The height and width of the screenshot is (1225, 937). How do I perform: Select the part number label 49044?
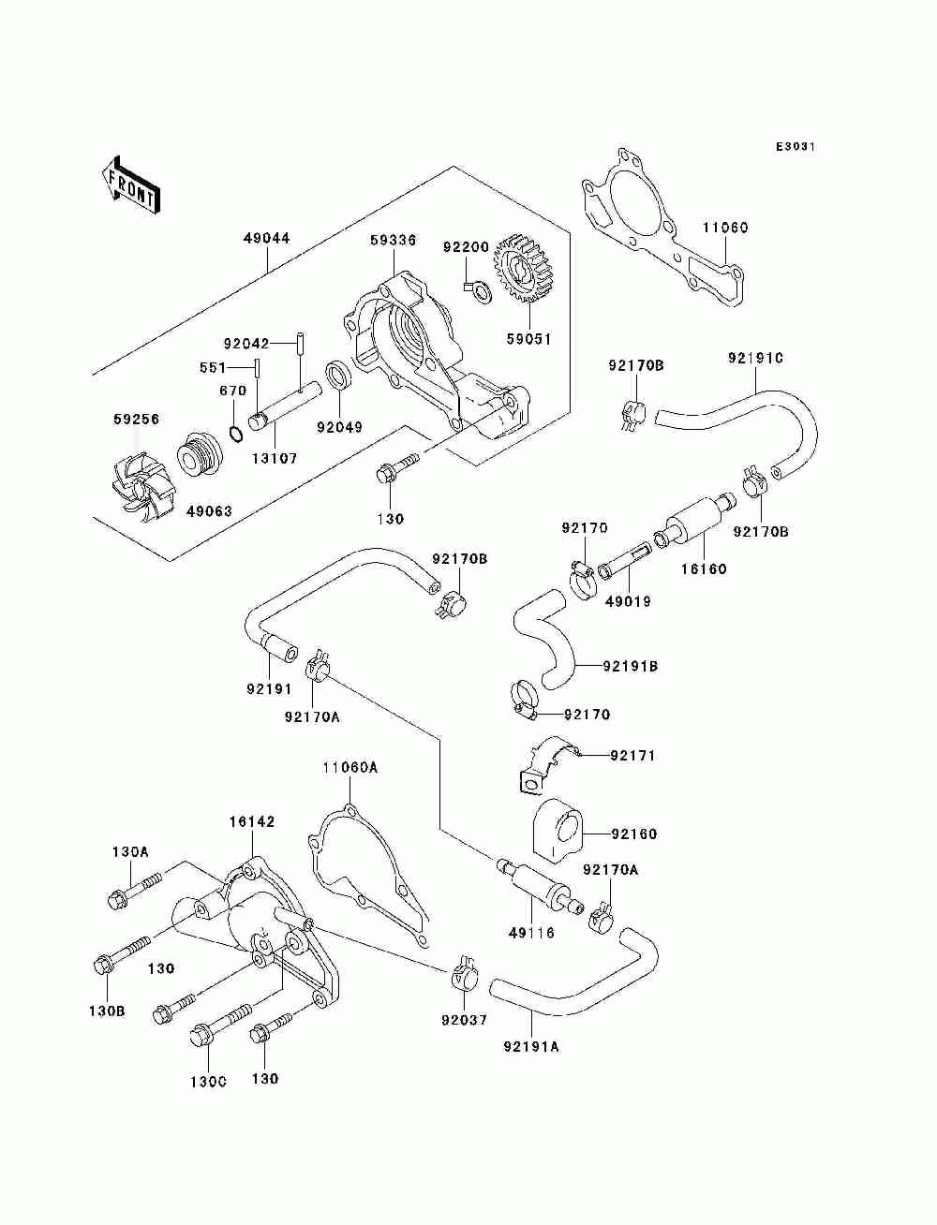[267, 238]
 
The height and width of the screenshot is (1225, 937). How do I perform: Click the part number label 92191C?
[755, 358]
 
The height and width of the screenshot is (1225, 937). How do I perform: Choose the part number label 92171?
[633, 755]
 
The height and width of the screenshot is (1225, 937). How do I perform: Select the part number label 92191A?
[530, 1046]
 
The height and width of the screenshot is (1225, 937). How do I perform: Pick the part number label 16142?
[252, 821]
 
